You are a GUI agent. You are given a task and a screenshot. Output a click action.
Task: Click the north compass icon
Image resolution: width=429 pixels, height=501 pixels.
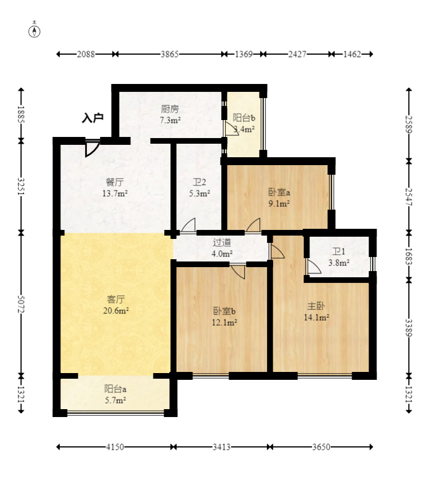coord(34,30)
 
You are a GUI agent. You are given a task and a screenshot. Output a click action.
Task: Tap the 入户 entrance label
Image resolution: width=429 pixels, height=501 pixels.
coord(93,118)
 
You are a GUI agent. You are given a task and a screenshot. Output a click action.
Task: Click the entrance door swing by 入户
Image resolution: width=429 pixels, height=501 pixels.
coord(92,147)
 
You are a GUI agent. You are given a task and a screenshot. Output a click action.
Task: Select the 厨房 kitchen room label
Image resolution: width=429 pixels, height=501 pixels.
coord(170,109)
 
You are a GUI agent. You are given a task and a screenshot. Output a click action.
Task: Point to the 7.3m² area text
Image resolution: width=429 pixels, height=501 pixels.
coord(170,120)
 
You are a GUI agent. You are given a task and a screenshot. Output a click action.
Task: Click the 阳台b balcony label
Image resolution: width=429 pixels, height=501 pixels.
coord(244,118)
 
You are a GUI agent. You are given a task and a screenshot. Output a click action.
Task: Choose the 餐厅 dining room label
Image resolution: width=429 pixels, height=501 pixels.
coord(115,182)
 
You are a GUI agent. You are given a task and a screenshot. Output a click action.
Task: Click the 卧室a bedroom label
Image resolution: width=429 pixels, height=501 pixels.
coord(279,192)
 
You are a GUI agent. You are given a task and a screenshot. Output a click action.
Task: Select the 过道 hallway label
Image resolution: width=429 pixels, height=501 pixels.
coord(222,243)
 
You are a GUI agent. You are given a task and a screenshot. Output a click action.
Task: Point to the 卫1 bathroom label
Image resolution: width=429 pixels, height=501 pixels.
coord(339,251)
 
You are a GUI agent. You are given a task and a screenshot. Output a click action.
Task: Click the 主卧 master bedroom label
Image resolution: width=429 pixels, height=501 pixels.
coord(316,306)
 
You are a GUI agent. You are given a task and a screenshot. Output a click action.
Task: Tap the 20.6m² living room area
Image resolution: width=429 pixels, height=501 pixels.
coord(116,310)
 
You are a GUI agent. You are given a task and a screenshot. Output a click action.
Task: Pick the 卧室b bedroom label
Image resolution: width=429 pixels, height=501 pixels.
coord(224,311)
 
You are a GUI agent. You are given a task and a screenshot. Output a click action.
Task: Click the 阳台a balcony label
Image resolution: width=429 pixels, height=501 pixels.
coord(115,389)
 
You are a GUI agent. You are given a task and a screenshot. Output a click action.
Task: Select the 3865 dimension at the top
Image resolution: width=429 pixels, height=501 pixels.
coord(169,55)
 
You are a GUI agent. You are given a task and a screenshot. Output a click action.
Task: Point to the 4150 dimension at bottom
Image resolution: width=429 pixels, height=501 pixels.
coord(115,447)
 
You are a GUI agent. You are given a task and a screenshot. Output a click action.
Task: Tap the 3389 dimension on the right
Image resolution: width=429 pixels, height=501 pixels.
coord(408,327)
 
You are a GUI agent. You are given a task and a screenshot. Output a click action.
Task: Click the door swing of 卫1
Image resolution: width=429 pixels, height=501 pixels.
coord(313,267)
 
